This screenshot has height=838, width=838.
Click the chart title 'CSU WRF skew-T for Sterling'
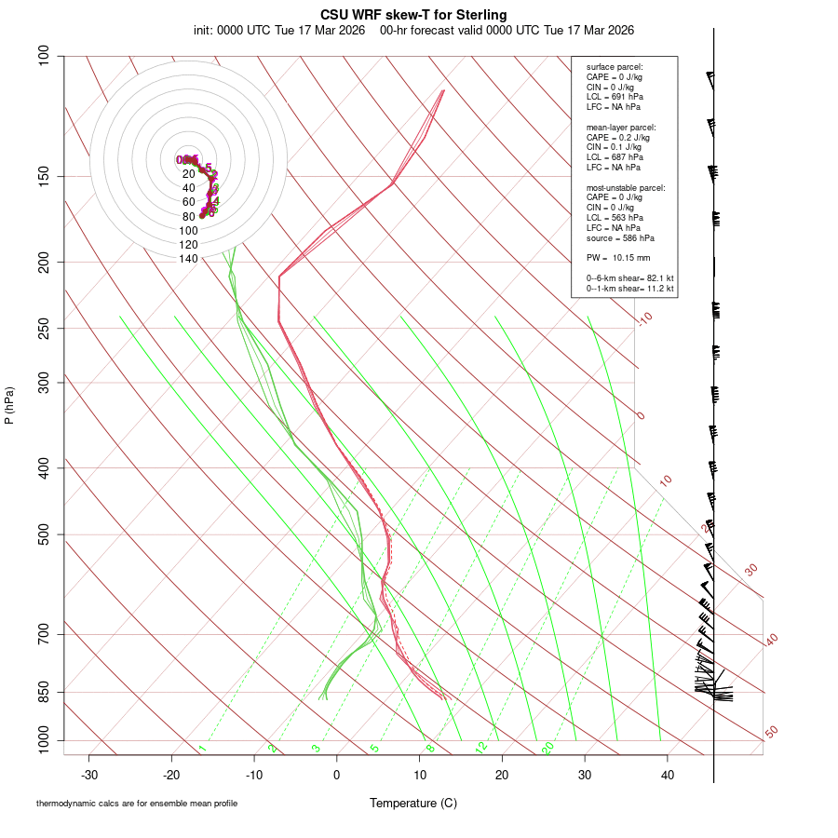tap(413, 15)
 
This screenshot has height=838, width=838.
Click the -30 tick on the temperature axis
tap(89, 775)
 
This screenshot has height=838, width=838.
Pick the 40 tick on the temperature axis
tap(668, 775)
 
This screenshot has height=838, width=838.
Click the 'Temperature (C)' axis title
tap(413, 803)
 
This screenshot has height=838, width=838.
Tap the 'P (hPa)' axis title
tap(9, 405)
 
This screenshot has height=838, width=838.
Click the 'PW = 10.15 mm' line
tap(618, 258)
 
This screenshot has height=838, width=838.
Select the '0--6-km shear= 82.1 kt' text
tap(630, 277)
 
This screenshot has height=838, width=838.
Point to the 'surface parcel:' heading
tap(615, 67)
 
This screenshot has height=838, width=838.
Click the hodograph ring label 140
tap(188, 259)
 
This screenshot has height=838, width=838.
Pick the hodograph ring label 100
tap(188, 231)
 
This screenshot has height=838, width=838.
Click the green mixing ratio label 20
tap(548, 747)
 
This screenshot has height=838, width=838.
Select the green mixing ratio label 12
tap(481, 747)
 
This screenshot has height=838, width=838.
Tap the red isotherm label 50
tap(771, 733)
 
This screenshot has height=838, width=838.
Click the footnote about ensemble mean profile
tap(137, 804)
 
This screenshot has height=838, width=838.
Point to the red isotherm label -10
tap(644, 318)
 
